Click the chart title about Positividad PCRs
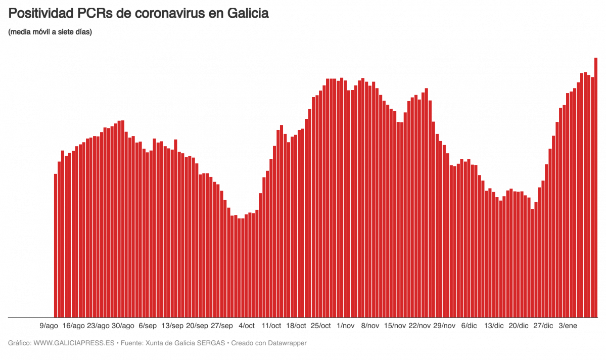[138, 14]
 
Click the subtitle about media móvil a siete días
[50, 32]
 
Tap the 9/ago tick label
[49, 325]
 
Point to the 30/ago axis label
[123, 325]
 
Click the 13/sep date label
[172, 325]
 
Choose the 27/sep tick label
[222, 325]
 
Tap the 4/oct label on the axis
[247, 325]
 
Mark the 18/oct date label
[296, 325]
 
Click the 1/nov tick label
[346, 325]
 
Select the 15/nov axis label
[395, 325]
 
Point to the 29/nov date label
[445, 325]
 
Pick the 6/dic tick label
[469, 325]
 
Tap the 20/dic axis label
[519, 325]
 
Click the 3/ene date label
[568, 325]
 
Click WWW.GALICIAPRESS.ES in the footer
[73, 343]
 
